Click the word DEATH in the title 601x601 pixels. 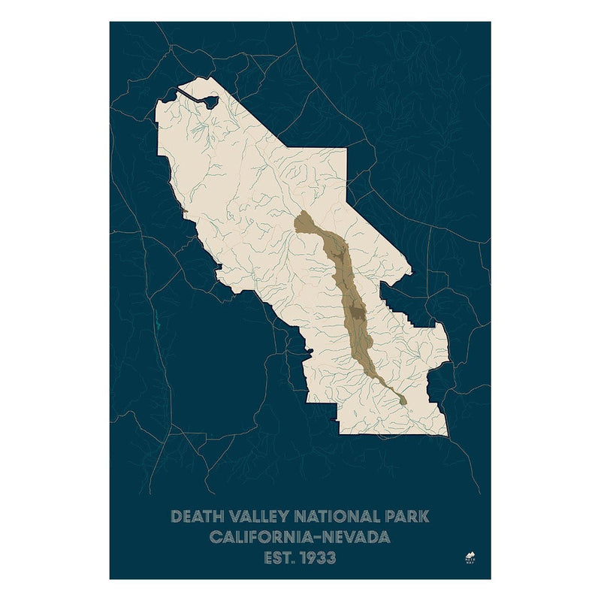click(198, 517)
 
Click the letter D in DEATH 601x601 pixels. click(177, 517)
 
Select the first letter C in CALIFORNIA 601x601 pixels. click(216, 538)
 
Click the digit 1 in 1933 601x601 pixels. click(304, 558)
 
